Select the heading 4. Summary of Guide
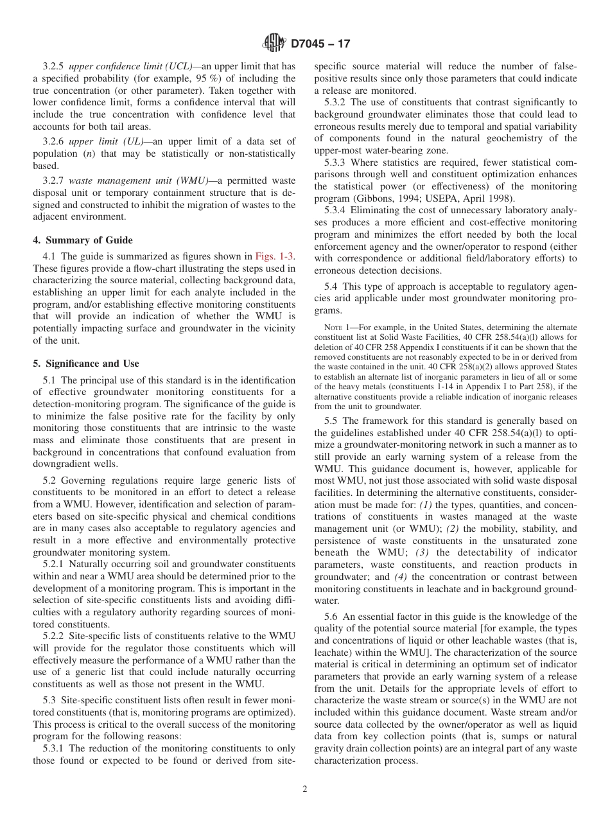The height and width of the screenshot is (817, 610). [x=83, y=240]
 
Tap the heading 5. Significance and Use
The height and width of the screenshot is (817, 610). [x=85, y=364]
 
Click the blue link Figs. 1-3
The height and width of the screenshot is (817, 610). [x=275, y=256]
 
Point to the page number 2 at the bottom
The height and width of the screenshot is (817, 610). [x=305, y=789]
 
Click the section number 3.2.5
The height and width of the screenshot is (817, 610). [x=54, y=66]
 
